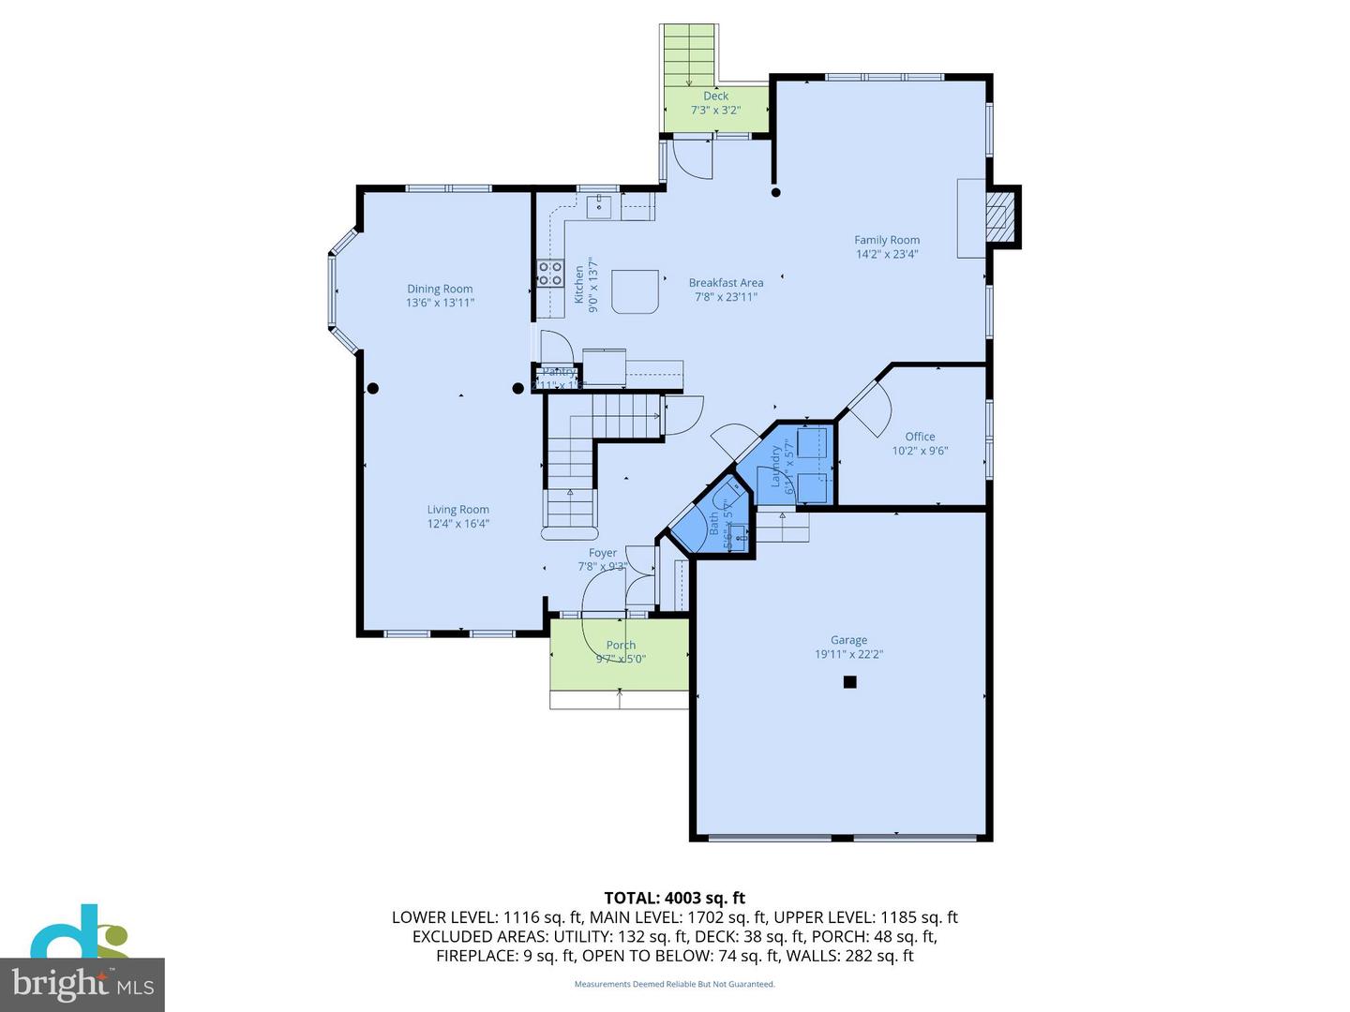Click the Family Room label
(x=886, y=240)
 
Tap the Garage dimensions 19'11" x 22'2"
(x=848, y=655)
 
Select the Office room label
(x=920, y=437)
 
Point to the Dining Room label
(x=440, y=289)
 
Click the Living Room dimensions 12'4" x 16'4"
(x=458, y=524)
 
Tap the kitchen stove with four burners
(x=549, y=274)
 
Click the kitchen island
(x=635, y=291)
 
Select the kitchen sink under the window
(x=599, y=206)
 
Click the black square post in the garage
(x=849, y=682)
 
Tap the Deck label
(x=715, y=96)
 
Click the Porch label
(x=621, y=645)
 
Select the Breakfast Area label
(x=726, y=283)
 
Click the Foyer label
(x=603, y=553)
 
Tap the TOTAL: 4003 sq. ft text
(x=674, y=898)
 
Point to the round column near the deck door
(x=775, y=193)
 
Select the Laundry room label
(x=776, y=466)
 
